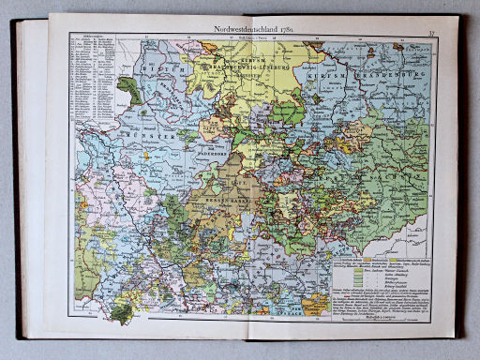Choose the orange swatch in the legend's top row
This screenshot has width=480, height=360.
[339, 256]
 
